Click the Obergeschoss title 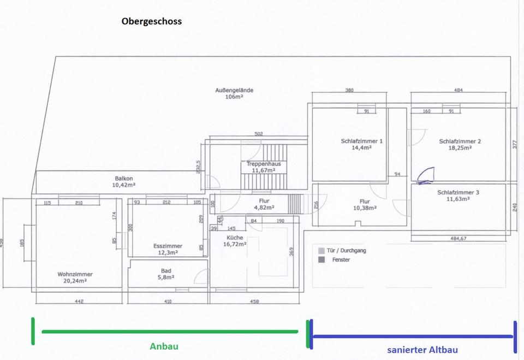(x=152, y=22)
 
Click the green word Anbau (x=164, y=346)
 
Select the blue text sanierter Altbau (x=422, y=350)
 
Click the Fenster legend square (x=321, y=259)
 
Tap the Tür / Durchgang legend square (x=321, y=250)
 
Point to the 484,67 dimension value (x=458, y=238)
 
